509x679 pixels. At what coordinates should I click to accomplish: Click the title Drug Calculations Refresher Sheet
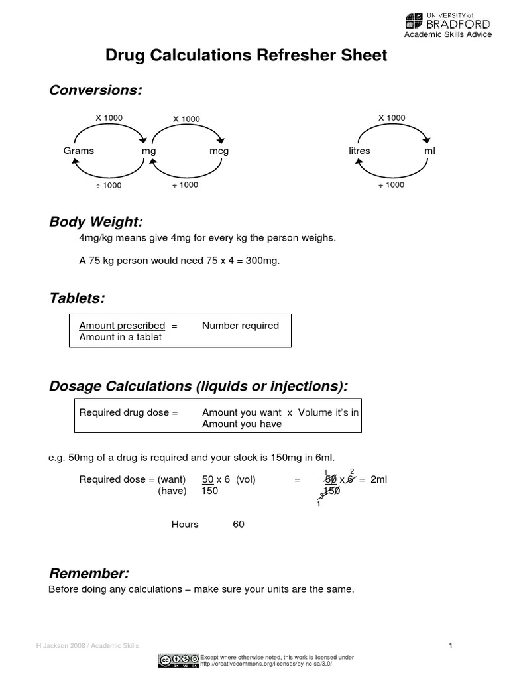coord(246,56)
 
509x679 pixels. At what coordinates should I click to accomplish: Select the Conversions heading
coord(95,90)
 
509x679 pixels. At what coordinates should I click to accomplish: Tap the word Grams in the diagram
coord(79,151)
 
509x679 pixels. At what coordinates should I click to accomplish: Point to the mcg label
coord(219,151)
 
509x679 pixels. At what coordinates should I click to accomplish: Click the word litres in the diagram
coord(359,151)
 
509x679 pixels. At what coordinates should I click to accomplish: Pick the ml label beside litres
coord(430,151)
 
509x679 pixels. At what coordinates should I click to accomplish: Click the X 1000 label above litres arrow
coord(392,118)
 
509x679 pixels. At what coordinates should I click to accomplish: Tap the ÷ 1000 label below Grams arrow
coord(108,186)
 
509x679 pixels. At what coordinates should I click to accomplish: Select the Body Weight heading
coord(96,221)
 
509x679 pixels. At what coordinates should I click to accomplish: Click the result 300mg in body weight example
coord(264,261)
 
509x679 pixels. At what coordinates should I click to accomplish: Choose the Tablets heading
coord(77,298)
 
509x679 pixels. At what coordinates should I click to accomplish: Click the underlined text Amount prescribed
coord(122,326)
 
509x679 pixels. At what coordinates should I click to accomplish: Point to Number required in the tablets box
coord(241,326)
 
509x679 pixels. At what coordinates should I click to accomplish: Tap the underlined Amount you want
coord(242,412)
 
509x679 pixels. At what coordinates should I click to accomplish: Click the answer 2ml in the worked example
coord(378,479)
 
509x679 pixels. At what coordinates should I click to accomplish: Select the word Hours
coord(185,524)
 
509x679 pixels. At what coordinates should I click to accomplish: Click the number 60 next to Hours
coord(239,524)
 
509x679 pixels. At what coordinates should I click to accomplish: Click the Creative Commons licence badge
coord(178,660)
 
